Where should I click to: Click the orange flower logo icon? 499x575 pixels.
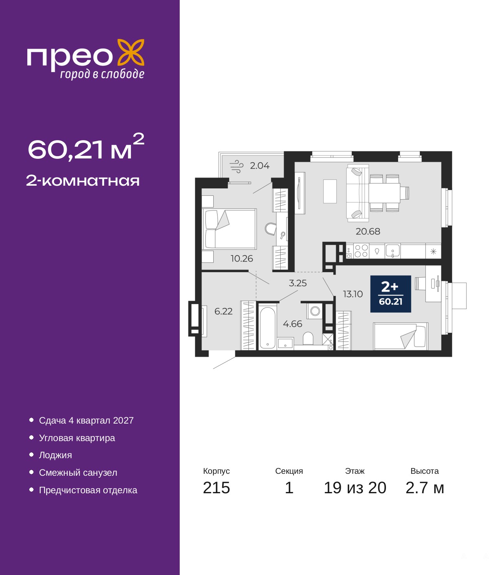(131, 53)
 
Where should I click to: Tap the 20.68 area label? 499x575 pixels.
(368, 231)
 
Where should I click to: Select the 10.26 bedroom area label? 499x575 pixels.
(242, 258)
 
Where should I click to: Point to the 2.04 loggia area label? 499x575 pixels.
(260, 165)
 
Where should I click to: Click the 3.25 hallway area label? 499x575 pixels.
(298, 283)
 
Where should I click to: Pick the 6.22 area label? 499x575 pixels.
(223, 311)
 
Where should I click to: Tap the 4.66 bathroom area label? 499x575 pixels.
(292, 324)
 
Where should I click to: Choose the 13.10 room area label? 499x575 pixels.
(353, 294)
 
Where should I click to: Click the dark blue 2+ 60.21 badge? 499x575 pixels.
(391, 294)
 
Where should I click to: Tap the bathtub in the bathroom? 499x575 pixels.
(267, 327)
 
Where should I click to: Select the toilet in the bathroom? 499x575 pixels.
(308, 338)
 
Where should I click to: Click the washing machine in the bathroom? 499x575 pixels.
(315, 311)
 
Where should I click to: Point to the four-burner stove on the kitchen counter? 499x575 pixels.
(361, 251)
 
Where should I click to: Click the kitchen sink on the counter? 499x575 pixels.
(393, 251)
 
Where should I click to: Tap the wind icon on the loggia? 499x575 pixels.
(236, 166)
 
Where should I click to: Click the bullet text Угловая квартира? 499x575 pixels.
(77, 438)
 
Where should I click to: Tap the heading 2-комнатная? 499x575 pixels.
(83, 181)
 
